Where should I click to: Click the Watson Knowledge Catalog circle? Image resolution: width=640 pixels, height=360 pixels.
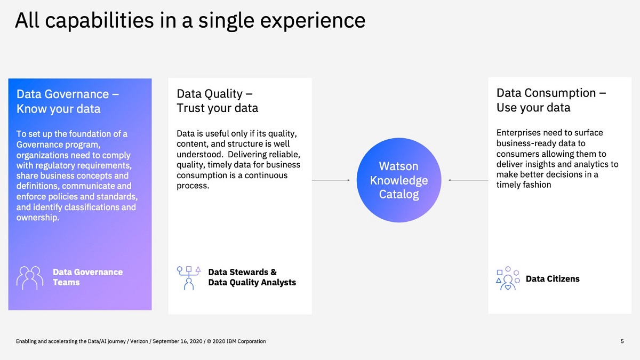399,180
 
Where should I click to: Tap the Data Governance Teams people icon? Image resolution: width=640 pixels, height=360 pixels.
30,278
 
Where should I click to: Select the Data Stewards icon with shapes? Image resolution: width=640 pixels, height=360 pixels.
189,278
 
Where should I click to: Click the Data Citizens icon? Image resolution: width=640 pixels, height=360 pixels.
508,278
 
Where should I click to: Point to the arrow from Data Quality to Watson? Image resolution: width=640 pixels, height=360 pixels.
331,180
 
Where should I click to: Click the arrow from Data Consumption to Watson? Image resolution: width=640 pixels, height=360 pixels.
468,180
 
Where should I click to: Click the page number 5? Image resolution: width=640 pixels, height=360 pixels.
622,341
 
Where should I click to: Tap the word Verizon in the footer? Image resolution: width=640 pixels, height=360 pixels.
139,341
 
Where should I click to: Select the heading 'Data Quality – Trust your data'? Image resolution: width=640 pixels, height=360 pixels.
217,101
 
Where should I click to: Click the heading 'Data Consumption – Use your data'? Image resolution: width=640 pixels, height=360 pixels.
551,100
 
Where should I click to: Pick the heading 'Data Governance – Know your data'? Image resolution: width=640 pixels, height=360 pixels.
68,101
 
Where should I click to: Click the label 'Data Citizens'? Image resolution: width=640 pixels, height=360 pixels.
553,278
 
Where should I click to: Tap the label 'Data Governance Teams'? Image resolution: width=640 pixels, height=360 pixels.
87,277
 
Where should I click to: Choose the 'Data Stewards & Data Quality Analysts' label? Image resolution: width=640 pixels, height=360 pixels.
252,277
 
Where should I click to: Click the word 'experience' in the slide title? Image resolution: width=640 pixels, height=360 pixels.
313,21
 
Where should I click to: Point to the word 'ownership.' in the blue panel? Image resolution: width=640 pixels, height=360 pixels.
38,218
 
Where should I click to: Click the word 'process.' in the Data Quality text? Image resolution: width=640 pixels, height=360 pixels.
193,186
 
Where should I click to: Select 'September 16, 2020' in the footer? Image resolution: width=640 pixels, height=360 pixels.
178,341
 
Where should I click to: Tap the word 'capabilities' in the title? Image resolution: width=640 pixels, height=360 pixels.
99,21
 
